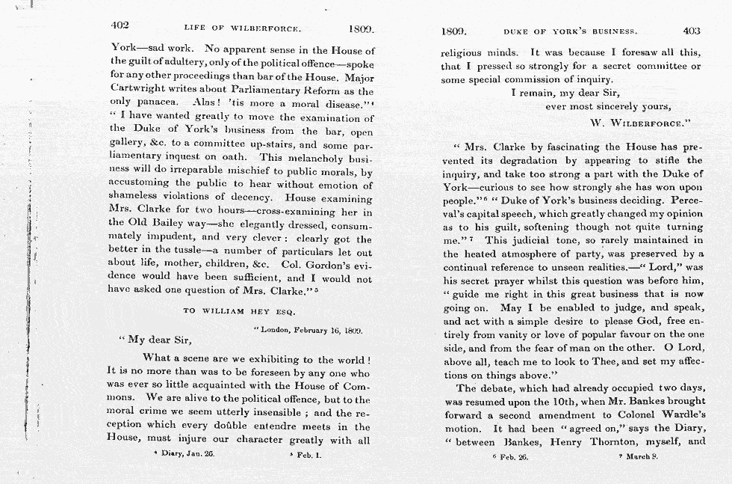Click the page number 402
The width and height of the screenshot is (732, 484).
[x=120, y=25]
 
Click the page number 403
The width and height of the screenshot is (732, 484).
[x=692, y=31]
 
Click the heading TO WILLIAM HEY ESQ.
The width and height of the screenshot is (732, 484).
[x=239, y=310]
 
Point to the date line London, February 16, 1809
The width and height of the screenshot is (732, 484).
[x=308, y=329]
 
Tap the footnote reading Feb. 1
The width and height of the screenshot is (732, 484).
[x=306, y=453]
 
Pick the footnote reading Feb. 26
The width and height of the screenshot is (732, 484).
[x=511, y=456]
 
